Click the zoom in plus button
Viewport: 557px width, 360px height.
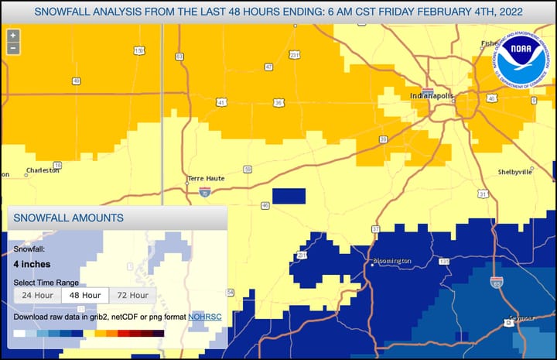click(x=12, y=36)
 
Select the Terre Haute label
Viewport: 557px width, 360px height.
click(x=207, y=178)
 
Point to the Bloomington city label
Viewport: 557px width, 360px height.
click(x=392, y=261)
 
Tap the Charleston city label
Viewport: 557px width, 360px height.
click(x=43, y=170)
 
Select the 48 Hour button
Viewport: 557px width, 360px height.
click(x=85, y=295)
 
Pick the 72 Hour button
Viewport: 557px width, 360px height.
click(x=133, y=295)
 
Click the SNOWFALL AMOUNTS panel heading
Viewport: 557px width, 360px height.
click(x=69, y=218)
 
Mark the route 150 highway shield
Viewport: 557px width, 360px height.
click(x=139, y=51)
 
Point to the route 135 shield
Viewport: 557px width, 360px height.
click(x=444, y=262)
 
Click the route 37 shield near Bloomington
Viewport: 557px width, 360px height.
click(x=376, y=229)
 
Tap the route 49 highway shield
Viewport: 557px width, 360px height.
click(x=77, y=81)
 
